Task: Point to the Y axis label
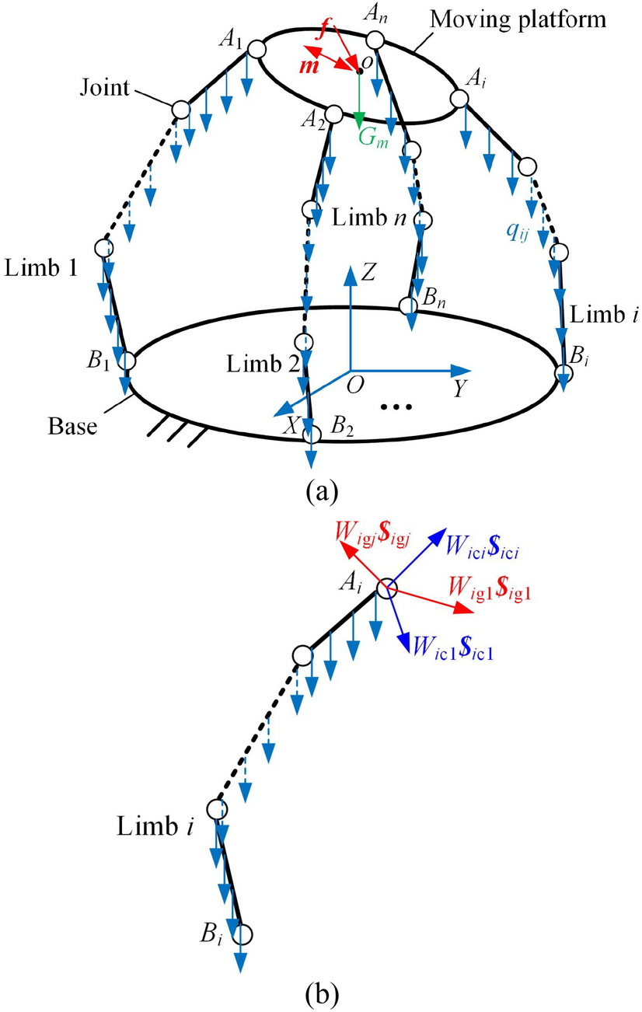point(459,390)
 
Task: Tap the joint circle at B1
point(126,361)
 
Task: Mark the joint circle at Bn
point(409,305)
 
